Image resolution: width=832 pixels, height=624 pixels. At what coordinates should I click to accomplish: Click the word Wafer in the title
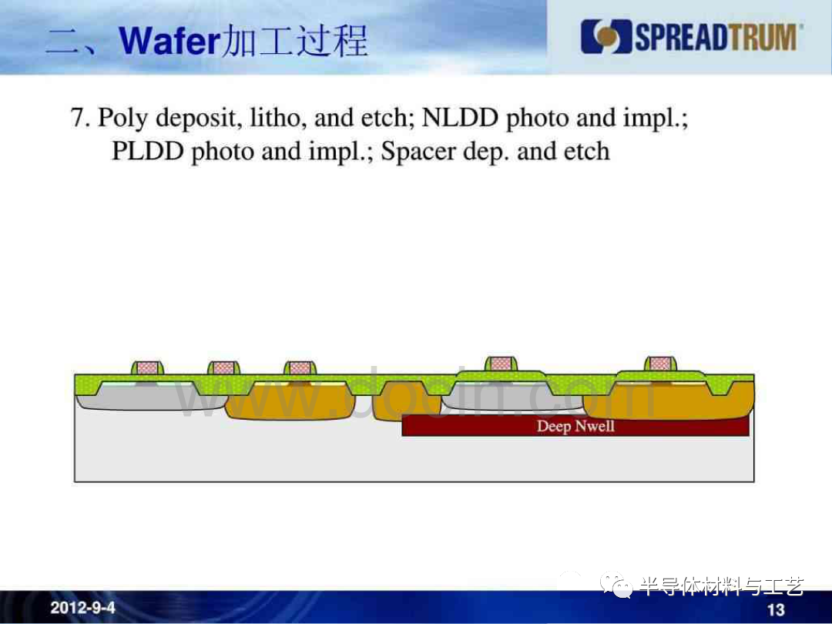click(x=169, y=41)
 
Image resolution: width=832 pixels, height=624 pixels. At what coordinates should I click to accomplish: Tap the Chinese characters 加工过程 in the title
click(x=294, y=40)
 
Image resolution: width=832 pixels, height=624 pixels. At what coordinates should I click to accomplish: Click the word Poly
click(x=122, y=119)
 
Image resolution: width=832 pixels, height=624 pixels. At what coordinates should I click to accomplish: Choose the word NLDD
click(x=460, y=117)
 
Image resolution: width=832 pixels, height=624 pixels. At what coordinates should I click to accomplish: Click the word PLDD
click(x=147, y=151)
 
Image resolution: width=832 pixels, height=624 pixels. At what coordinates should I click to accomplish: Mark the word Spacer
click(x=418, y=153)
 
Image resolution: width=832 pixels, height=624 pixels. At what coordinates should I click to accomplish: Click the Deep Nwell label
click(x=575, y=426)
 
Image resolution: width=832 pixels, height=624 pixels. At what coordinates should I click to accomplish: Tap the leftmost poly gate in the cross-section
click(x=147, y=367)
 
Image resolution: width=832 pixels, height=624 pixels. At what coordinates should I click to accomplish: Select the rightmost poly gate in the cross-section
click(x=660, y=364)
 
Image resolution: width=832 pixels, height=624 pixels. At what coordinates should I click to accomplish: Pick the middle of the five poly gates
click(x=300, y=367)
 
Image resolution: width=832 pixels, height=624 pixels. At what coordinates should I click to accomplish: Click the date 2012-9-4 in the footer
click(x=82, y=608)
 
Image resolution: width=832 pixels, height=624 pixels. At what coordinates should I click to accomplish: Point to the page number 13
click(x=776, y=609)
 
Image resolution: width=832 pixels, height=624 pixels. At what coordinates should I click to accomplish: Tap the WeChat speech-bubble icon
click(x=616, y=585)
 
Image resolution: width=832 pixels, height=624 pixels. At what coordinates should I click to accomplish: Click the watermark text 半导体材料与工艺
click(x=722, y=586)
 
